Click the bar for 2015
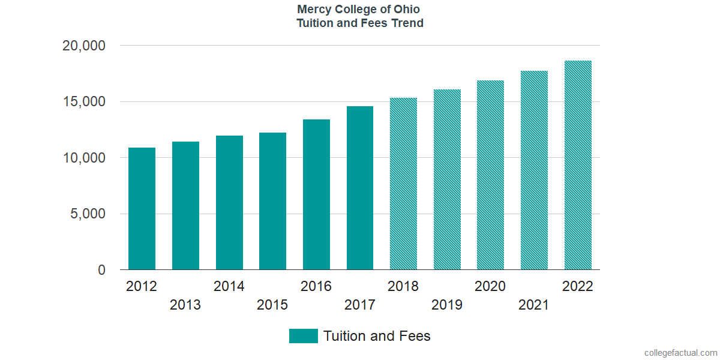[x=272, y=202]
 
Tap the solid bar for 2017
[x=360, y=188]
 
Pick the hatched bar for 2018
[x=403, y=184]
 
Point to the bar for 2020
[x=490, y=175]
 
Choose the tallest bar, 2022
[x=578, y=166]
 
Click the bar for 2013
[x=185, y=206]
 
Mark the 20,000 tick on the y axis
[x=84, y=46]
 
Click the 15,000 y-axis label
[x=84, y=102]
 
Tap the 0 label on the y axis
[x=101, y=271]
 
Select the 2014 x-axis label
[x=229, y=286]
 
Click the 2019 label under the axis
[x=447, y=305]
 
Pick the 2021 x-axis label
[x=534, y=305]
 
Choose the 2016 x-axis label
[x=316, y=286]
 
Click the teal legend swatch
[x=303, y=336]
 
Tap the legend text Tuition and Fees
[x=377, y=336]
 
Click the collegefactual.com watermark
[x=680, y=353]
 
